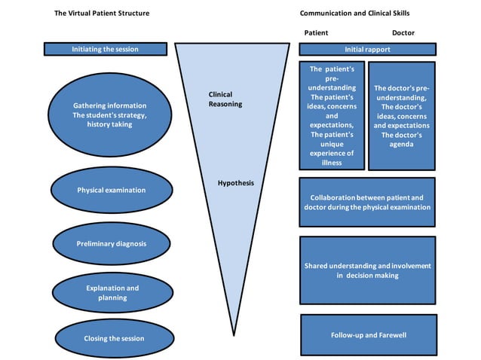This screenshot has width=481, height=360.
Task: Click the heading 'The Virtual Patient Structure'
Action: [102, 14]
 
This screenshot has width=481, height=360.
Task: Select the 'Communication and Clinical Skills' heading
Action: [354, 14]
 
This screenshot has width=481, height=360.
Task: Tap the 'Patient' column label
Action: [316, 33]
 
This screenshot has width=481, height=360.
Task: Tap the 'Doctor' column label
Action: [403, 33]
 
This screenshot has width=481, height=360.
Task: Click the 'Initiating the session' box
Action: [105, 49]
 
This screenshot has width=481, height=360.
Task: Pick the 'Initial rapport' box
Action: [367, 49]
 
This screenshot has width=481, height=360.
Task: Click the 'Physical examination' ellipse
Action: [111, 190]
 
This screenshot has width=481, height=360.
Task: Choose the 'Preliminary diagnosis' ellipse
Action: [111, 244]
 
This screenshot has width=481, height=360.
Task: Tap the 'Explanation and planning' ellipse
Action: [111, 292]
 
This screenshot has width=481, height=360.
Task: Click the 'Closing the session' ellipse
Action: [111, 338]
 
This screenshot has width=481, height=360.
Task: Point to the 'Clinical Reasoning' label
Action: [225, 99]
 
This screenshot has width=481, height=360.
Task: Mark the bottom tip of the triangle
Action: [235, 334]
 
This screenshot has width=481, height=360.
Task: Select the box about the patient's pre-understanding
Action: [332, 116]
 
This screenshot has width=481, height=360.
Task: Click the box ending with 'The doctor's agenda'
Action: [401, 116]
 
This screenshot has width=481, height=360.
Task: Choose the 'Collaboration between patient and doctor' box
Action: [367, 202]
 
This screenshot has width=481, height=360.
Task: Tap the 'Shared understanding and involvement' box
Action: [367, 270]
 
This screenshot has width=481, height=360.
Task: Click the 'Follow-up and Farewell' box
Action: [368, 334]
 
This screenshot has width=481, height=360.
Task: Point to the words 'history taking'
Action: [110, 124]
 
